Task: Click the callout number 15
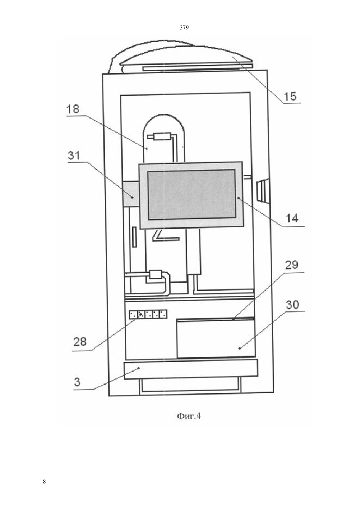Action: click(x=290, y=96)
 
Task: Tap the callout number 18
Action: click(x=73, y=109)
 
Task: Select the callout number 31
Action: click(x=74, y=156)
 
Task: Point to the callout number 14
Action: click(x=292, y=219)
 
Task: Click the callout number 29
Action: click(x=292, y=265)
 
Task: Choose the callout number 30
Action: click(x=292, y=305)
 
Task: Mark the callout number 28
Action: click(x=80, y=342)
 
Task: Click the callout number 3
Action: click(x=77, y=382)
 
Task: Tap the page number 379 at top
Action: click(x=184, y=28)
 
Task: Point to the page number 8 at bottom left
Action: click(x=44, y=482)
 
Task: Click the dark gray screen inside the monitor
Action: click(x=191, y=194)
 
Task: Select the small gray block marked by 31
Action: click(x=131, y=194)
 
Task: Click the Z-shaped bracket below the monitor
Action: click(x=166, y=236)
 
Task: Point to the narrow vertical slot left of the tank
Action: click(x=135, y=237)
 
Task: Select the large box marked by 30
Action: click(x=216, y=338)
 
